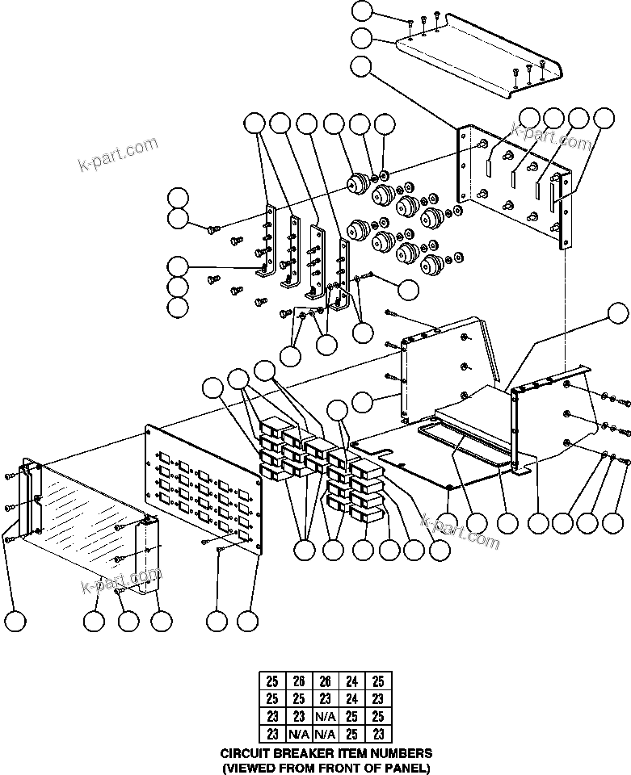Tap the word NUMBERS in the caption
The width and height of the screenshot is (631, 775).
click(x=397, y=753)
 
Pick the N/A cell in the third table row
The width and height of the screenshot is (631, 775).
click(x=325, y=714)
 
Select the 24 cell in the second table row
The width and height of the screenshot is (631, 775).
click(x=350, y=698)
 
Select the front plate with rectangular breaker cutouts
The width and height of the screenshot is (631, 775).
click(x=202, y=484)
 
